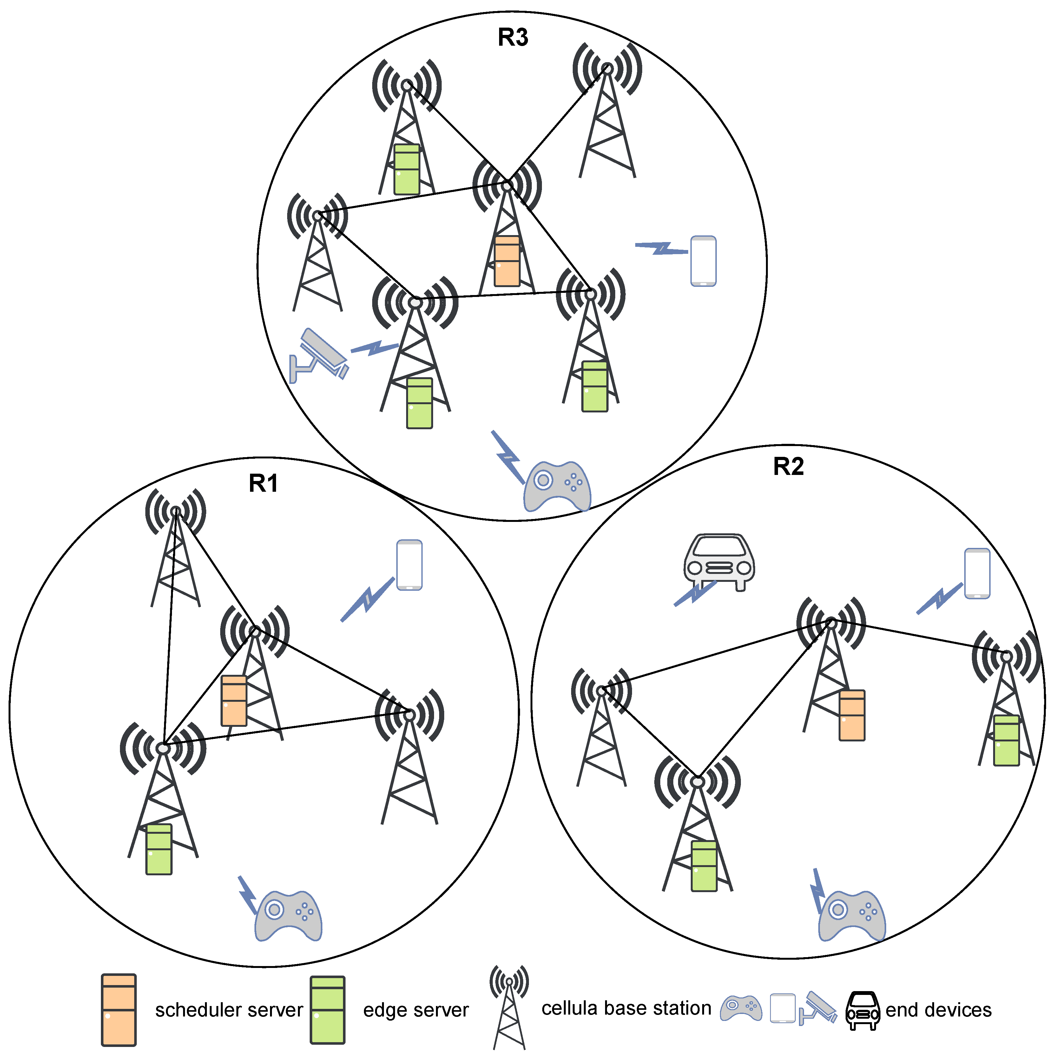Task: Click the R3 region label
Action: pos(513,37)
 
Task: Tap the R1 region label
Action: pos(263,483)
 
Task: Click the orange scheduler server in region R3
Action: pos(507,261)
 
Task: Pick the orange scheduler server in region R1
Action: pos(234,701)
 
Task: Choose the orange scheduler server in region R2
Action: pos(852,715)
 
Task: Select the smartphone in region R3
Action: pos(703,261)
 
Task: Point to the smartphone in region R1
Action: pos(409,565)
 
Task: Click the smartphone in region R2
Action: pos(977,573)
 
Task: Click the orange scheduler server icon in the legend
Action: pos(118,1010)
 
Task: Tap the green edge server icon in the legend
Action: pos(327,1010)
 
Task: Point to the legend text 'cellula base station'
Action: pos(626,1008)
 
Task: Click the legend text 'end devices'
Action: pos(938,1010)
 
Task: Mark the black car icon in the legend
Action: pos(862,1010)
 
